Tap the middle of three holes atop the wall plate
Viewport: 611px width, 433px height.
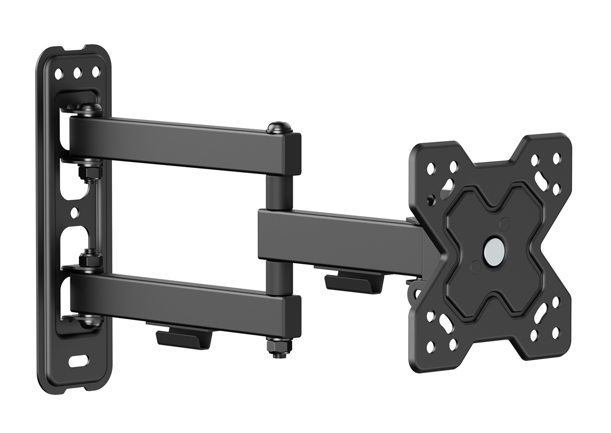pos(77,72)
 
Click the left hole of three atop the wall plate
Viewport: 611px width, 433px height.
pos(59,73)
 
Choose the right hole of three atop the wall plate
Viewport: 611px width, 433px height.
pos(96,72)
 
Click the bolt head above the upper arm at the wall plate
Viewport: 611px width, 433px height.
pos(91,109)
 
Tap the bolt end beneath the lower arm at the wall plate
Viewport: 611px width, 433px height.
pos(91,321)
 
